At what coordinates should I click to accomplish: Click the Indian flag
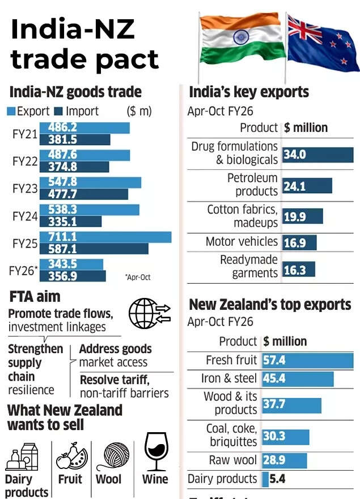(240, 40)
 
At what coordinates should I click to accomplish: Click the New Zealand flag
(322, 42)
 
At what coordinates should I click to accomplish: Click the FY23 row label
(25, 188)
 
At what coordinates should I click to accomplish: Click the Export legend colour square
(12, 112)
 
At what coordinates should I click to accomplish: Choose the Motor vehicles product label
(242, 242)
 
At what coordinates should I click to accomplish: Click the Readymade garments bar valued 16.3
(298, 270)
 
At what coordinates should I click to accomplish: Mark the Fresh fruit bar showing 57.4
(307, 360)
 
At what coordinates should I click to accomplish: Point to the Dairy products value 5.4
(277, 479)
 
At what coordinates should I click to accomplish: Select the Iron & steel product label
(229, 378)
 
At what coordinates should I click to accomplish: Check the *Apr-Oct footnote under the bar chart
(138, 278)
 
